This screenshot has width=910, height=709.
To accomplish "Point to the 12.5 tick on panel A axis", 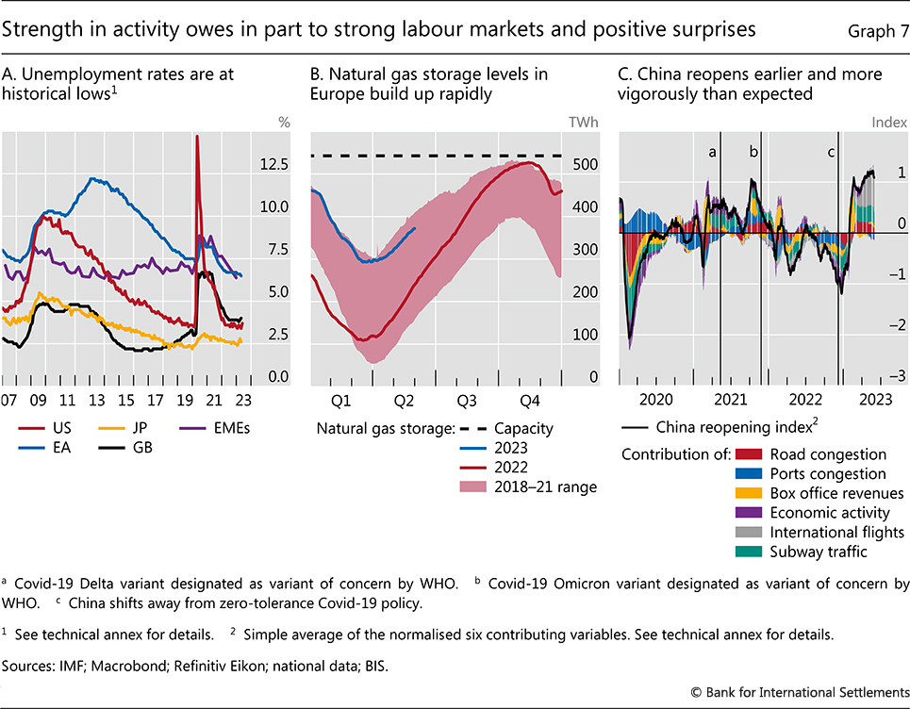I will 247,165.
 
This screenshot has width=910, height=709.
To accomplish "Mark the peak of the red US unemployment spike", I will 197,137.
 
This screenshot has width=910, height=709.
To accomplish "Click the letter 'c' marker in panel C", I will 832,151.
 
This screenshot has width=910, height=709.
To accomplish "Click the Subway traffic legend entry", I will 817,552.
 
